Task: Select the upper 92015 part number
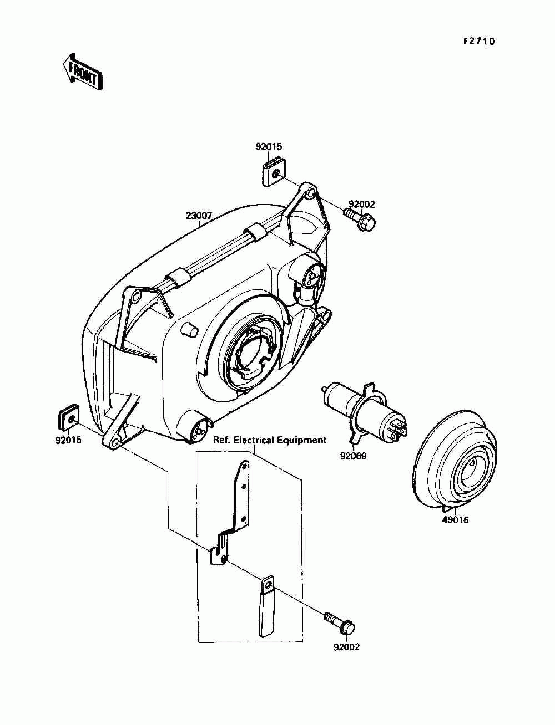coord(269,147)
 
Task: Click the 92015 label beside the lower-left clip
coord(68,442)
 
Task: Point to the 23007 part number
coord(199,216)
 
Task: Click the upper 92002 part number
coord(362,205)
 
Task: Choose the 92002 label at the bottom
coord(346,647)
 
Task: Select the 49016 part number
coord(455,520)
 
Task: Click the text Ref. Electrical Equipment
coord(270,440)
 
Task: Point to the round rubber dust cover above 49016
coord(455,460)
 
